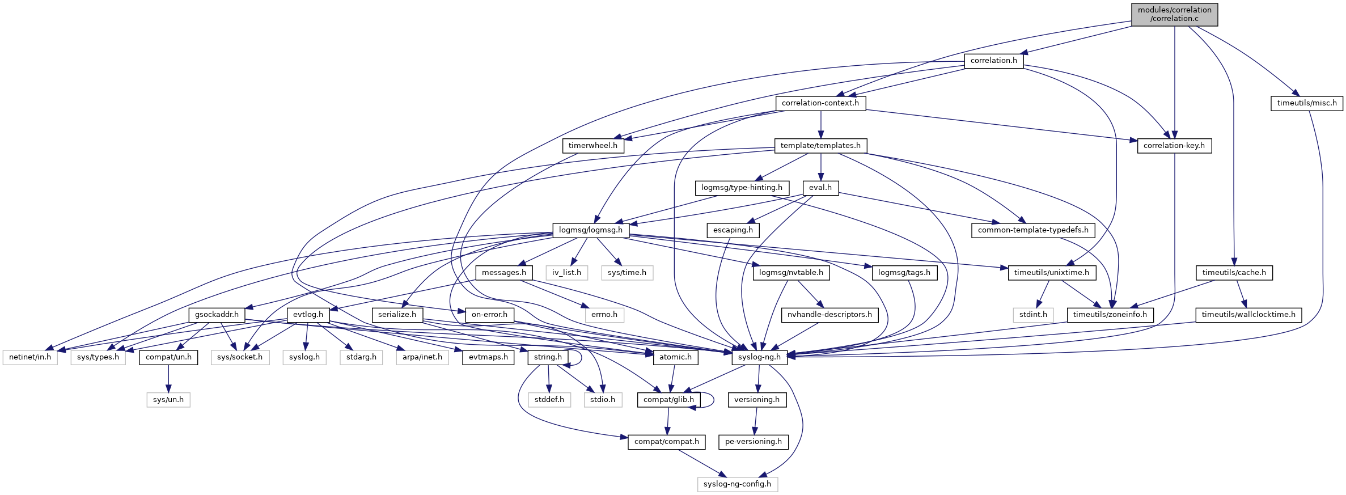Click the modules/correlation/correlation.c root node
pyautogui.click(x=1174, y=14)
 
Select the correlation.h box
pyautogui.click(x=993, y=61)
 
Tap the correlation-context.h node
pyautogui.click(x=820, y=103)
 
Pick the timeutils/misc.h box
pyautogui.click(x=1306, y=103)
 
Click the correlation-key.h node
pyautogui.click(x=1174, y=146)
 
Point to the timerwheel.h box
pyautogui.click(x=592, y=146)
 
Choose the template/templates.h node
pyautogui.click(x=820, y=146)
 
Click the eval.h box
pyautogui.click(x=820, y=188)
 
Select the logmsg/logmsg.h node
pyautogui.click(x=590, y=230)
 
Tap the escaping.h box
pyautogui.click(x=733, y=230)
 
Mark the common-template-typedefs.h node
pyautogui.click(x=1032, y=230)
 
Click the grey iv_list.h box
pyautogui.click(x=566, y=273)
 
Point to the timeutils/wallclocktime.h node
pyautogui.click(x=1248, y=315)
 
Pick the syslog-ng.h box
pyautogui.click(x=759, y=357)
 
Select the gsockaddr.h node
pyautogui.click(x=217, y=315)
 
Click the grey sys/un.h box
pyautogui.click(x=168, y=400)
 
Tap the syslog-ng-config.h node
pyautogui.click(x=737, y=484)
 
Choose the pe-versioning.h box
pyautogui.click(x=753, y=442)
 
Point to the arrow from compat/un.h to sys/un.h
pyautogui.click(x=168, y=379)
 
